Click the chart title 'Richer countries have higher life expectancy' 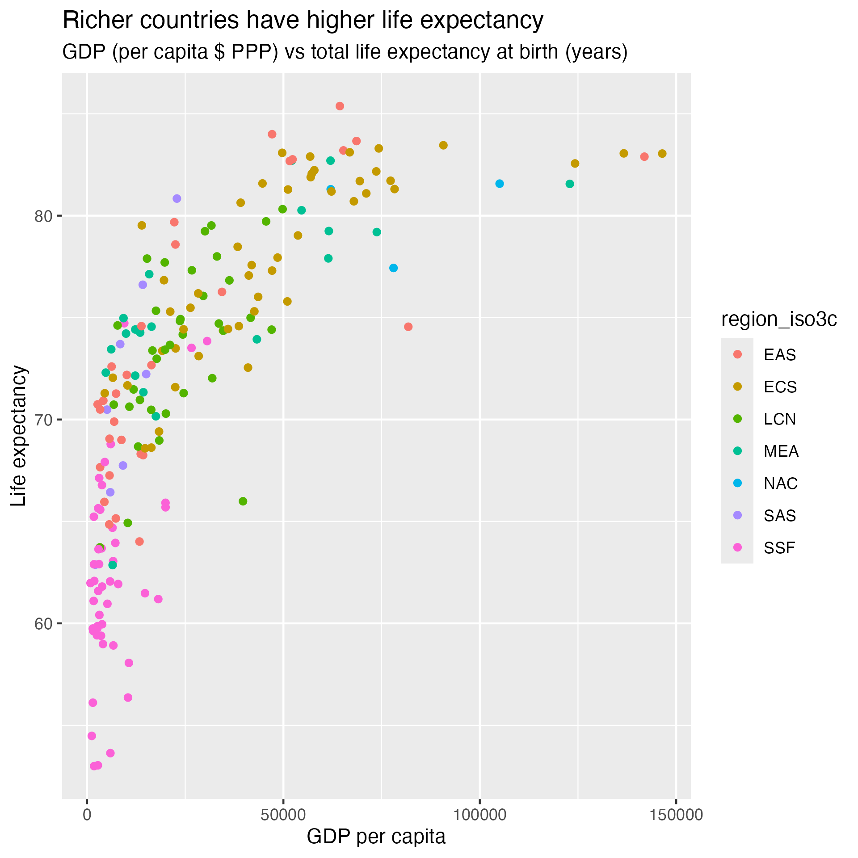click(x=303, y=21)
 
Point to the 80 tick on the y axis click(x=43, y=216)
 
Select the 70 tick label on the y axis click(x=43, y=420)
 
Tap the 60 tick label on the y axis click(x=43, y=624)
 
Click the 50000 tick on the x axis click(x=283, y=815)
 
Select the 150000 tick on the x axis click(x=676, y=815)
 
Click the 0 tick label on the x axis click(x=87, y=815)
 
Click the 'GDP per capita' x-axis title click(x=376, y=837)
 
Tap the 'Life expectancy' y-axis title click(x=19, y=435)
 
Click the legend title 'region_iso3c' click(x=779, y=320)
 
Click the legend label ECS click(x=780, y=387)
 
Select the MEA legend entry click(x=781, y=451)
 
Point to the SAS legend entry click(x=780, y=516)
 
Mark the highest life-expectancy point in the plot click(x=340, y=106)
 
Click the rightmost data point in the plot click(x=662, y=154)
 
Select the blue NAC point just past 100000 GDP click(x=500, y=184)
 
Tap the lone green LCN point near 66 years click(x=243, y=501)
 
